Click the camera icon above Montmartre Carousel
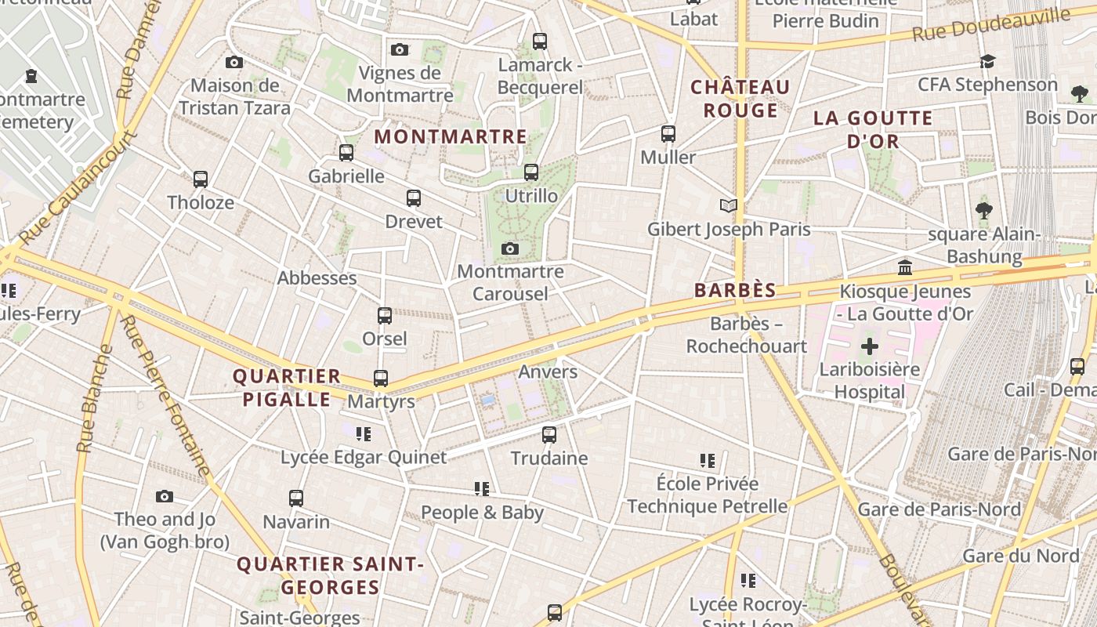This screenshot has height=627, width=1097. (x=510, y=249)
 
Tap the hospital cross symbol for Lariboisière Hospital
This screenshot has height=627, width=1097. (x=869, y=346)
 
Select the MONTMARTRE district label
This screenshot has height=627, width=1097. (x=451, y=136)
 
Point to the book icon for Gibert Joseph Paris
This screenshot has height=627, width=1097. (x=729, y=206)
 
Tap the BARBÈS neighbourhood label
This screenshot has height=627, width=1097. (x=735, y=291)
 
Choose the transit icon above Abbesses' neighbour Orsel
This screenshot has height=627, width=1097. (x=385, y=316)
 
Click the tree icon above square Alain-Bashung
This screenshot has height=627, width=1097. (x=984, y=211)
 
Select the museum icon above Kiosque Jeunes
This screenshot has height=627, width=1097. (x=905, y=268)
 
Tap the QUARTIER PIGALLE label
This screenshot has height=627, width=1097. (x=287, y=388)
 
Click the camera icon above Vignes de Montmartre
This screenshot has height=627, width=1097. (x=400, y=50)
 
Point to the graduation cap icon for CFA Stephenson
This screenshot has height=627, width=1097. (x=987, y=61)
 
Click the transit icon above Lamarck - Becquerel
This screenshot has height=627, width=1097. (x=539, y=42)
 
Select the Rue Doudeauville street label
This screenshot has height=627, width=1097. (x=991, y=26)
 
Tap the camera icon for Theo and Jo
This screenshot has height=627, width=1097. (x=164, y=496)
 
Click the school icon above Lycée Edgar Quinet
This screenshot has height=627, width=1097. (x=363, y=433)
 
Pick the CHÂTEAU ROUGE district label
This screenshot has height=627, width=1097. (x=740, y=98)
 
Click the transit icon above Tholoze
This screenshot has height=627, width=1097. (x=201, y=179)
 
